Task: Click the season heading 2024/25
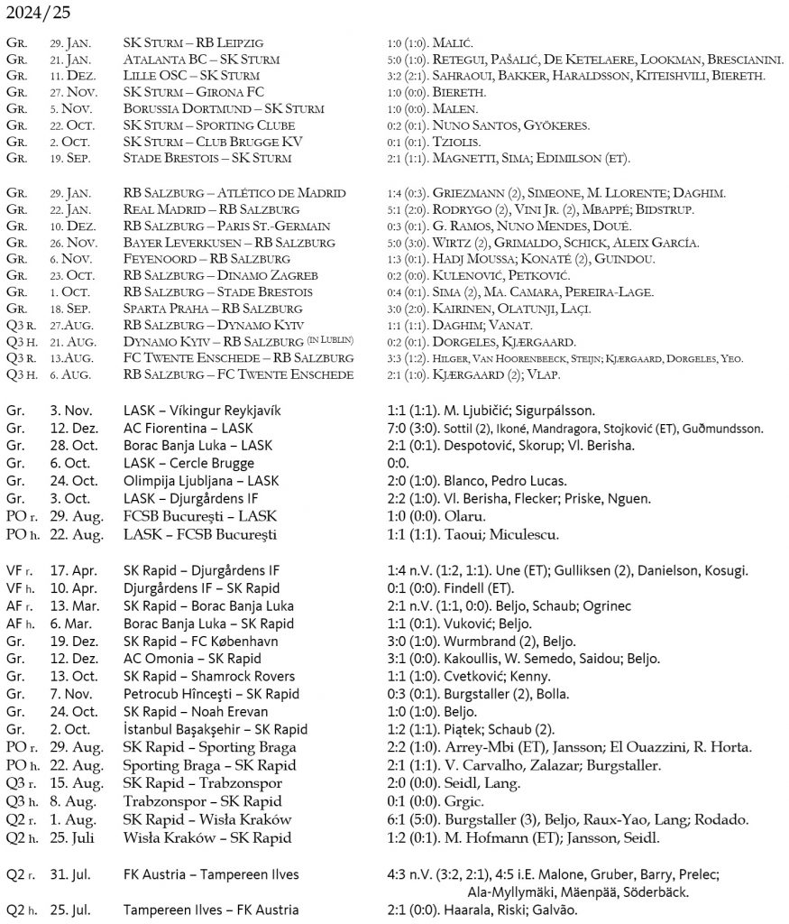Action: (x=38, y=14)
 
